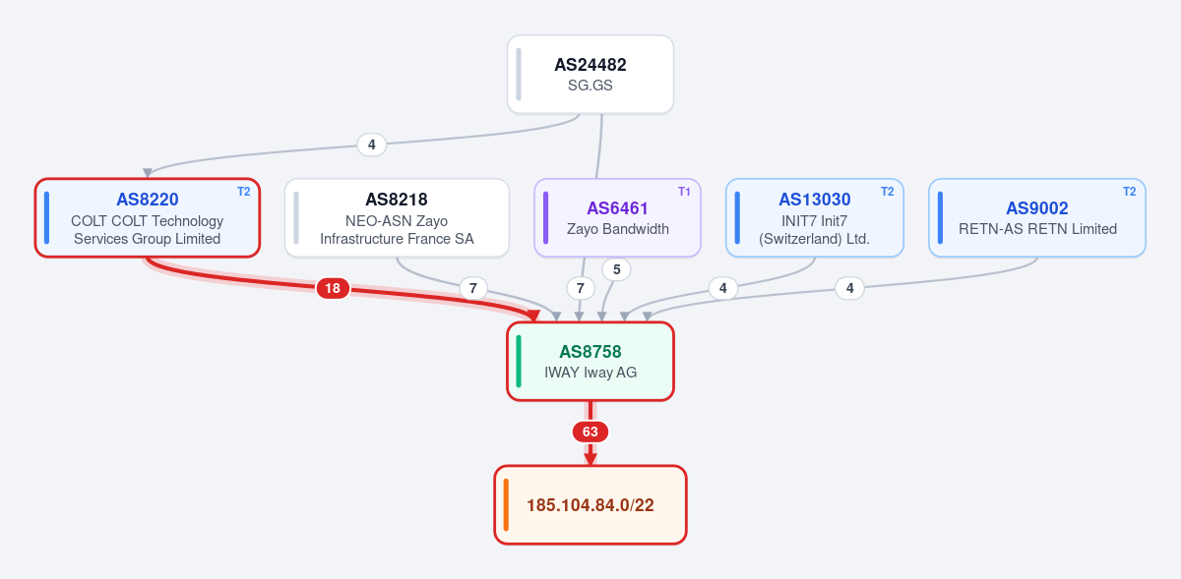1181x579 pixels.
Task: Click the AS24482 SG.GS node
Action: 590,75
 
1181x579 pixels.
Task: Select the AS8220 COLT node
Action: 148,217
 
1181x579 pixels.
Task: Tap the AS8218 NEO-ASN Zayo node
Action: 397,217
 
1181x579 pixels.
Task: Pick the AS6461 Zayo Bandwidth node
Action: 617,217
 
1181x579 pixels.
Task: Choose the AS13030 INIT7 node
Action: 815,217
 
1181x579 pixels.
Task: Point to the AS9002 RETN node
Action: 1037,217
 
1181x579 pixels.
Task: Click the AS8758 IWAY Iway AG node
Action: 590,362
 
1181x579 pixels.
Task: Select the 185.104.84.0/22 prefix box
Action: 590,504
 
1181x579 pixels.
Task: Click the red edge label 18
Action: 333,288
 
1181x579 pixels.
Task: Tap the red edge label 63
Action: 590,432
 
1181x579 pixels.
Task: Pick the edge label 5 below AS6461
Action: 616,269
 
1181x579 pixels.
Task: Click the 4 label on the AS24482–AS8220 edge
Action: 372,145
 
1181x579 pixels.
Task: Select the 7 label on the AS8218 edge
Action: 473,288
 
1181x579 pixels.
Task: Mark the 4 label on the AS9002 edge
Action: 850,288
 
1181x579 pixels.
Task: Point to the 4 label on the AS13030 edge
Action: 722,288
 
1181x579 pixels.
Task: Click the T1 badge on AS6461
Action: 684,192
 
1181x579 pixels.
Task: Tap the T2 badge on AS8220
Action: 244,192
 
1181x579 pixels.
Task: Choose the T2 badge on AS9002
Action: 1130,192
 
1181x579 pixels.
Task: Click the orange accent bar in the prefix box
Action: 506,504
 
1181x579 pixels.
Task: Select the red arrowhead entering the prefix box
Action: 590,458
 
